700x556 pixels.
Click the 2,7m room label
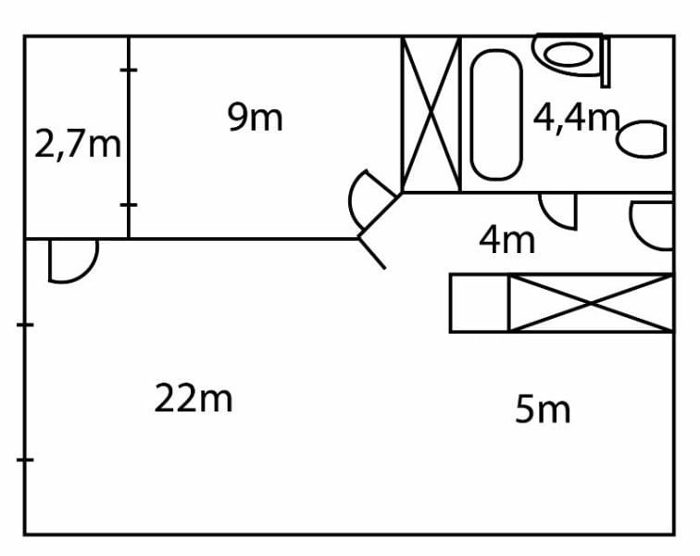[78, 145]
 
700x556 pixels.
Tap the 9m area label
[255, 118]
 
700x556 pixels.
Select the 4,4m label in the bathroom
[575, 118]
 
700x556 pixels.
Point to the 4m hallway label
[506, 240]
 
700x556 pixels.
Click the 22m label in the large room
[193, 398]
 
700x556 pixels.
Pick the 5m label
[543, 409]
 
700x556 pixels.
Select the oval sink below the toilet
[641, 139]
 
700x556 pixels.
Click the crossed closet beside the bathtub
[431, 114]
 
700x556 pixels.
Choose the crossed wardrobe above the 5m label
[591, 303]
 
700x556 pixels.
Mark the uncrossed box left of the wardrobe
[480, 303]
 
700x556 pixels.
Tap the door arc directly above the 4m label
[558, 209]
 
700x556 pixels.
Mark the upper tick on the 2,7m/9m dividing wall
[129, 69]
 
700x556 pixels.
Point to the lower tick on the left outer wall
[25, 460]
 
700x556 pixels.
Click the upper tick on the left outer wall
[25, 324]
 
